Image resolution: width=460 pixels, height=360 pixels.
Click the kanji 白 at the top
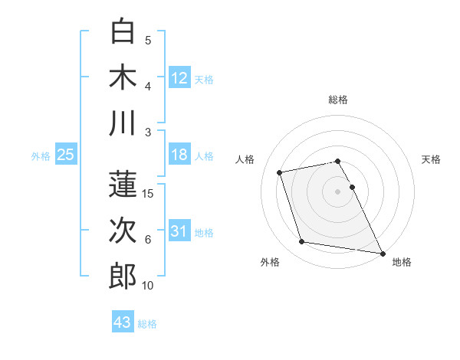[x=123, y=31]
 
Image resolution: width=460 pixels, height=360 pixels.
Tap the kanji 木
[x=123, y=77]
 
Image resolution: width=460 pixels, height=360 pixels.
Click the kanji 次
[x=123, y=230]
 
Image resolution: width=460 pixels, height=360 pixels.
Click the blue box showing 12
[x=179, y=77]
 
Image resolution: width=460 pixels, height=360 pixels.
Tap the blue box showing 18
[x=179, y=155]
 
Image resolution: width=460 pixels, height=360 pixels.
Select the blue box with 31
[x=179, y=231]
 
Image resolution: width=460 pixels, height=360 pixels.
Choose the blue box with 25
[x=66, y=155]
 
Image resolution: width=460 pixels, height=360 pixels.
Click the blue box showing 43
[x=122, y=322]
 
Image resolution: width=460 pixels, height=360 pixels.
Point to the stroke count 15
[x=149, y=194]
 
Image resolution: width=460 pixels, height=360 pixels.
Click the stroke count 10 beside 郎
[x=148, y=286]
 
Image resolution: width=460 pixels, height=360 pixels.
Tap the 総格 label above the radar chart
[x=338, y=100]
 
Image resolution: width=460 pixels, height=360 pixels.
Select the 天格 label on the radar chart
[x=431, y=159]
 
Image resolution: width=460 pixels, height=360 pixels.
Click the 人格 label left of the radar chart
[x=245, y=159]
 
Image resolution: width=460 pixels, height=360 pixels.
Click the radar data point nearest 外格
[x=302, y=242]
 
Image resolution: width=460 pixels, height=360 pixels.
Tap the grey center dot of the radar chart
[x=338, y=191]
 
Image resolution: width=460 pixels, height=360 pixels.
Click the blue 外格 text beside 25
[x=41, y=155]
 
